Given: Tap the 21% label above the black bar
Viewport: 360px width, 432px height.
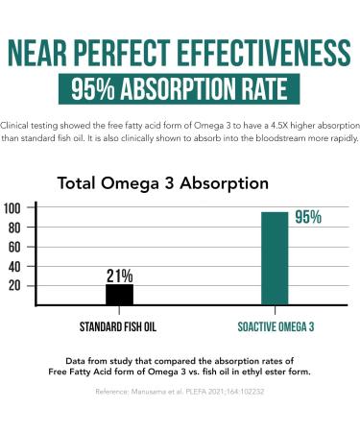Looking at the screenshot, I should tap(119, 274).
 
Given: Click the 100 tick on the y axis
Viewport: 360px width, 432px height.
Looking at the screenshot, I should tap(13, 208).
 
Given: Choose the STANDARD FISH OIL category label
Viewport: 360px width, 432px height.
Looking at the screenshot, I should tap(119, 325).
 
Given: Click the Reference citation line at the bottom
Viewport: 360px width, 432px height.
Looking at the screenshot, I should tap(180, 392).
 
